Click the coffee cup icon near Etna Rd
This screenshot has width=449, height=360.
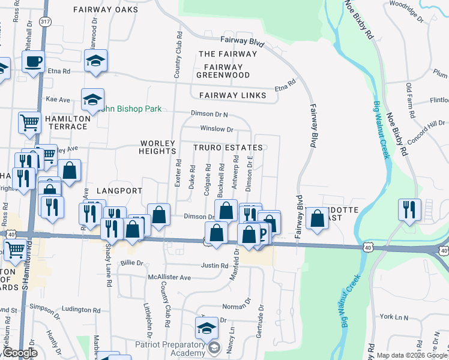[x=33, y=61]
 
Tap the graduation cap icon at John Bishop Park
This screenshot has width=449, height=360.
[x=93, y=100]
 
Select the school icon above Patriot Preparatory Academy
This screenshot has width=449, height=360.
[x=206, y=328]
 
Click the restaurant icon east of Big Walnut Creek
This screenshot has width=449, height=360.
[x=409, y=210]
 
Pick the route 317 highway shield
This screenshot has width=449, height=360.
[x=44, y=21]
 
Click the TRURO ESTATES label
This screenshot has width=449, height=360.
[x=228, y=148]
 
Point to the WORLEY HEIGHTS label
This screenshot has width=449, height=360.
[x=158, y=147]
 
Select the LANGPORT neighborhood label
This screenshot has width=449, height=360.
[x=118, y=191]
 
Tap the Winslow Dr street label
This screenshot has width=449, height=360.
[x=217, y=128]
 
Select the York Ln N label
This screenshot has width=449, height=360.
[x=393, y=316]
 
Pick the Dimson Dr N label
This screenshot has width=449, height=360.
[x=209, y=113]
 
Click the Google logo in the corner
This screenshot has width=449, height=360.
[x=19, y=353]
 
